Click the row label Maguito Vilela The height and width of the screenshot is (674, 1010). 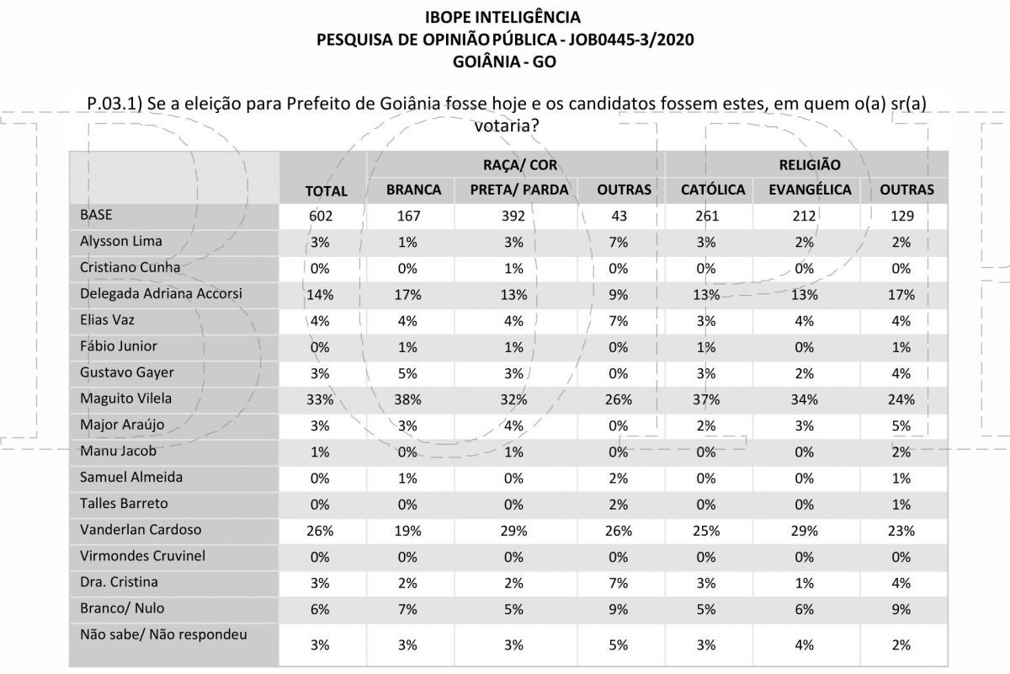[x=125, y=399]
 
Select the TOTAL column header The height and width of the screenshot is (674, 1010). [x=326, y=191]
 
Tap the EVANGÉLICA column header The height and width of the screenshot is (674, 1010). [x=810, y=190]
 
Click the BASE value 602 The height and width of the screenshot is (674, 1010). [x=321, y=216]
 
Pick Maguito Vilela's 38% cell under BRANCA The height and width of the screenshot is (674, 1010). [x=407, y=399]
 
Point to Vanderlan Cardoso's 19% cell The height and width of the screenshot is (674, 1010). [x=407, y=531]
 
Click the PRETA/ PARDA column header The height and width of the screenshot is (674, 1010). [x=519, y=190]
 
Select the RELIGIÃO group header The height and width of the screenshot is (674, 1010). [x=810, y=165]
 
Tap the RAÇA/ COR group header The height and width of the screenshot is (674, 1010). [x=520, y=165]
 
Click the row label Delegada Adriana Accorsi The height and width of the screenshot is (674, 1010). [x=161, y=293]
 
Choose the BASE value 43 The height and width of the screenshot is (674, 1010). [x=619, y=216]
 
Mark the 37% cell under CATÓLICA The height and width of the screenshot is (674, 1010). [x=706, y=399]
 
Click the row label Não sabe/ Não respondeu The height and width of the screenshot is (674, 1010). [x=163, y=634]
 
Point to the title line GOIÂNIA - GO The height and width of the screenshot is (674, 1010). [x=504, y=62]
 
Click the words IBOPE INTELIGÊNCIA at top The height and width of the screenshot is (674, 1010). [x=502, y=17]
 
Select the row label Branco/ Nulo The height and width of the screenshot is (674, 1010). [x=122, y=608]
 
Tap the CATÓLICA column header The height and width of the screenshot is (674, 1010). [x=713, y=190]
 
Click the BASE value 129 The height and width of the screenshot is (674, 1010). [x=901, y=216]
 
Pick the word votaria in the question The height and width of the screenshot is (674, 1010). [x=507, y=125]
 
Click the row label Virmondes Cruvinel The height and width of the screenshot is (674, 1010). [x=142, y=556]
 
